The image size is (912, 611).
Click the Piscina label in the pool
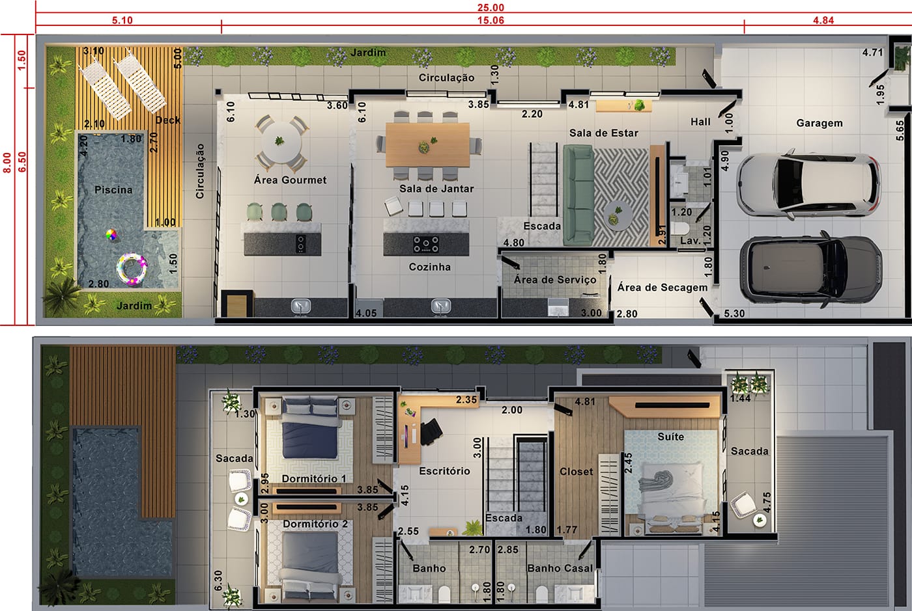(x=113, y=190)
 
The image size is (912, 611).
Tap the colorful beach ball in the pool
(x=111, y=235)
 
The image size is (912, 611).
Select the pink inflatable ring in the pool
(x=132, y=269)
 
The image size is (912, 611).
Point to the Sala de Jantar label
(x=436, y=189)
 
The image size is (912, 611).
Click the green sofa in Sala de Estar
(x=578, y=196)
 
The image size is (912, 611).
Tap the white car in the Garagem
(x=808, y=184)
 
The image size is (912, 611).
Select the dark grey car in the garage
(x=810, y=269)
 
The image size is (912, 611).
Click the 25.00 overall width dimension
(x=491, y=7)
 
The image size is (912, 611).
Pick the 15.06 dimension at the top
(x=491, y=20)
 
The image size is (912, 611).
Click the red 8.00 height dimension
(x=7, y=163)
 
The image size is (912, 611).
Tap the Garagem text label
(x=819, y=123)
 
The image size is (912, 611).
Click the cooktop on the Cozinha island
(x=426, y=244)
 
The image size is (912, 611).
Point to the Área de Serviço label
(x=555, y=280)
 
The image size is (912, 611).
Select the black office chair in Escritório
(x=431, y=431)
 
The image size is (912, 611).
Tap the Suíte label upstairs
(x=670, y=437)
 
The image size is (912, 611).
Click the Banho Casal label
(x=560, y=568)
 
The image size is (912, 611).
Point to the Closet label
(x=576, y=472)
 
